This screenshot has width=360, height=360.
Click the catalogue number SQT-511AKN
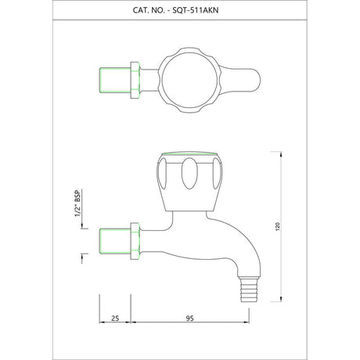pos(196,10)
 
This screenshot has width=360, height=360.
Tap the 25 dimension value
pos(115,319)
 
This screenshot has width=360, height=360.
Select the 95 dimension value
pos(190,319)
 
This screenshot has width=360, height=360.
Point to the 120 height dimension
pos(278,226)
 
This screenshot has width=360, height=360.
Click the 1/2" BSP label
pos(78,203)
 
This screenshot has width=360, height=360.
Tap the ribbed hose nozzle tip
pos(249,290)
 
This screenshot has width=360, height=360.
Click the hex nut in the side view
pos(135,241)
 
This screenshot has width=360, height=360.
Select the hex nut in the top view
pos(135,81)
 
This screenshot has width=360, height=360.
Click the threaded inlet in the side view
pos(115,241)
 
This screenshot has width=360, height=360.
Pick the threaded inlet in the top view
pos(115,81)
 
